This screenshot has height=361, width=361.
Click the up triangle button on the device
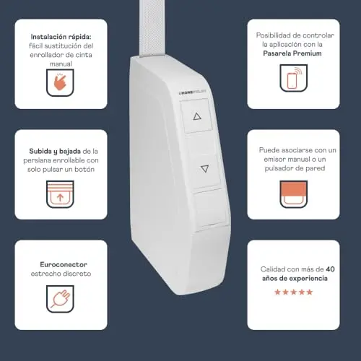197,116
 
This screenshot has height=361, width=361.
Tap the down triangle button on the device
205,168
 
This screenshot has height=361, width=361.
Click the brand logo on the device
193,92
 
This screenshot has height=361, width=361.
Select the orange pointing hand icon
60,82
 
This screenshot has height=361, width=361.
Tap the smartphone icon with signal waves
294,78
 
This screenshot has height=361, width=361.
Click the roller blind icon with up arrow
60,194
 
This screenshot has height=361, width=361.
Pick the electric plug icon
60,299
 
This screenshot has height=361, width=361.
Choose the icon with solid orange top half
294,194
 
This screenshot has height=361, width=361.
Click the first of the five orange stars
277,292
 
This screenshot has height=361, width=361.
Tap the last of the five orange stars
310,292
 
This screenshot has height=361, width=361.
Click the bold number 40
330,269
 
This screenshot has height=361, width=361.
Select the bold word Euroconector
64,264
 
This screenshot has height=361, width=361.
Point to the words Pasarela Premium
292,53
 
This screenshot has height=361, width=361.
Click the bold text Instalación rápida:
61,37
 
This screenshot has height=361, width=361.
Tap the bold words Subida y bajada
55,152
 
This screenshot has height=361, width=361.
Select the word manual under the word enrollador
61,64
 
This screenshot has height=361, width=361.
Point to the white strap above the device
153,28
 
